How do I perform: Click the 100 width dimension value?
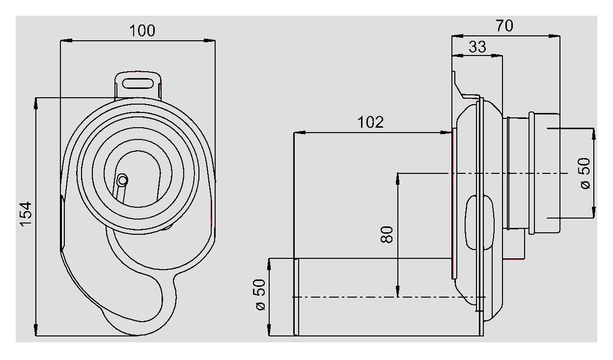coord(142,30)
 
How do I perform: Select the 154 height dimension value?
coord(26,214)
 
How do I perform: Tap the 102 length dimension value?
coord(370,122)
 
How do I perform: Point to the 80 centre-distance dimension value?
coord(387,234)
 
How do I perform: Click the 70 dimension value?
coord(504,26)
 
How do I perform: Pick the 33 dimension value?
coord(477,47)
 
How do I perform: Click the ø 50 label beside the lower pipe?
coord(260,295)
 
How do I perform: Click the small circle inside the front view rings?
coord(122,180)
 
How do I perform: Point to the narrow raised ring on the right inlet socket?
coord(531,172)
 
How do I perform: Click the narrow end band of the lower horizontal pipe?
coord(296,297)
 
